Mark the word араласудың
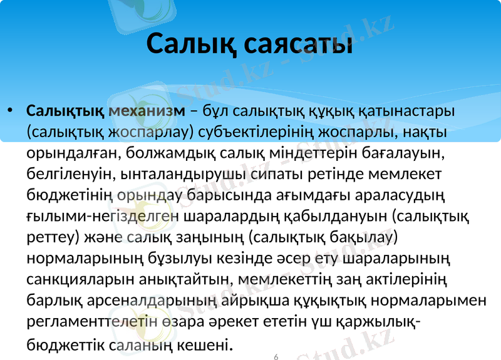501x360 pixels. (x=399, y=194)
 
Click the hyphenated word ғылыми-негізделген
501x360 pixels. (x=104, y=215)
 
